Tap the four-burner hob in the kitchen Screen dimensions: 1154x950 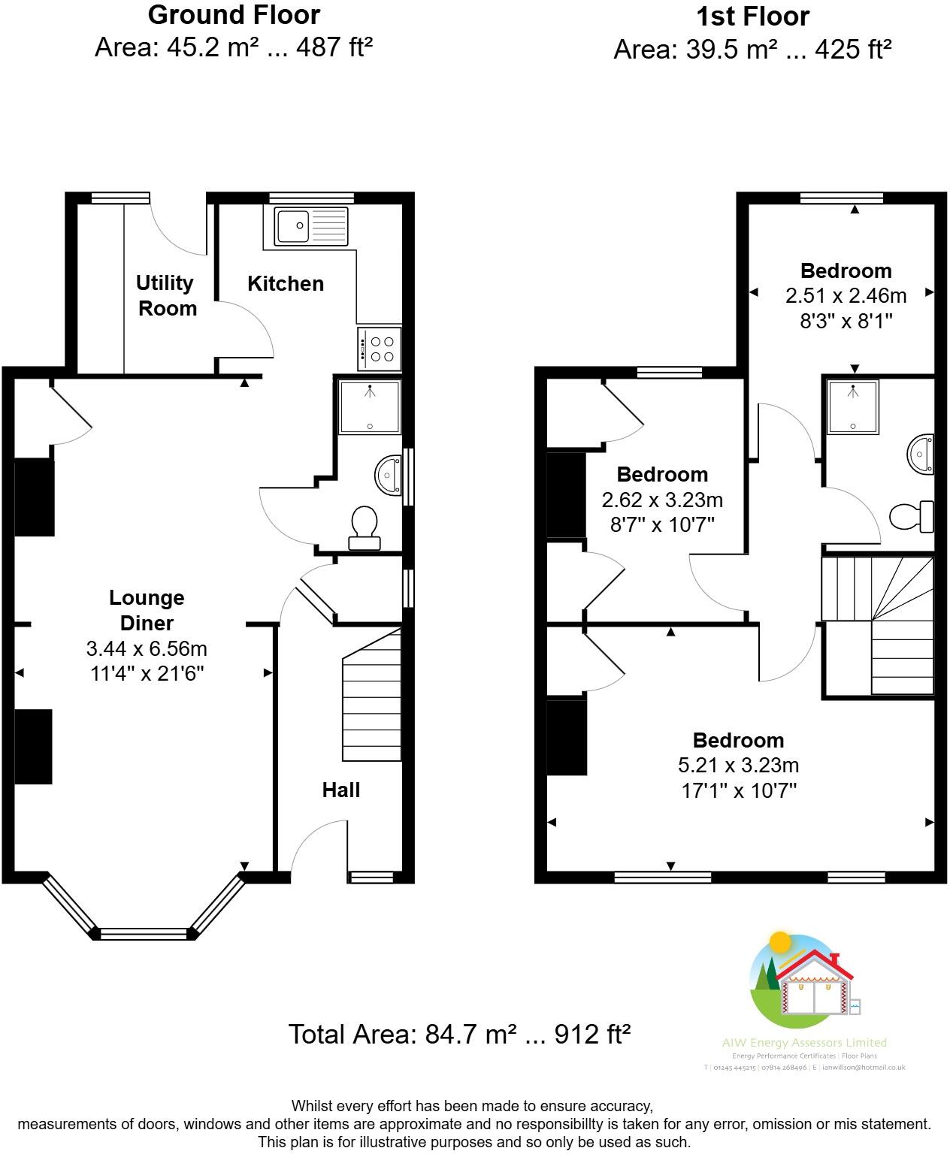pos(380,349)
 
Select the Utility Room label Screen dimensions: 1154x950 pos(166,295)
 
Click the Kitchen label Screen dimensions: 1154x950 pos(286,283)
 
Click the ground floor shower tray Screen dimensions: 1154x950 pos(369,407)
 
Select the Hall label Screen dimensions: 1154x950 pos(341,790)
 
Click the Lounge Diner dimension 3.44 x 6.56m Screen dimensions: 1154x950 pos(147,648)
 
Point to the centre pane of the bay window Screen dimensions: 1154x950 pos(143,934)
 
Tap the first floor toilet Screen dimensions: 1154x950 pos(911,516)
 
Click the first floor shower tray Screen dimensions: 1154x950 pos(852,406)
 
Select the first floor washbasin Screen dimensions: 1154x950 pos(921,454)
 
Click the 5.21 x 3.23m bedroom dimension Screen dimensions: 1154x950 pos(738,765)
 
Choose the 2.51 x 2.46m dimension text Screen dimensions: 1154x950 pos(846,296)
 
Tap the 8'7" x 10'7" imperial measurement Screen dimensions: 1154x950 pos(662,524)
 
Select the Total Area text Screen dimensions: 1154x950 pos(459,1035)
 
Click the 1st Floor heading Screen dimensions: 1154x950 pos(752,17)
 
